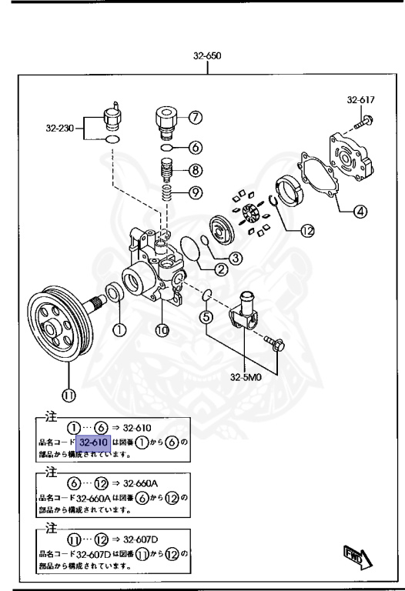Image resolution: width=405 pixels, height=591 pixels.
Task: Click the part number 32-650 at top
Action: [x=209, y=56]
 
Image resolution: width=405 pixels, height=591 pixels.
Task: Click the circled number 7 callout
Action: [x=196, y=118]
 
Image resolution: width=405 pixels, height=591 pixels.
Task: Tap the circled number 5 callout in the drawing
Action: [x=206, y=315]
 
